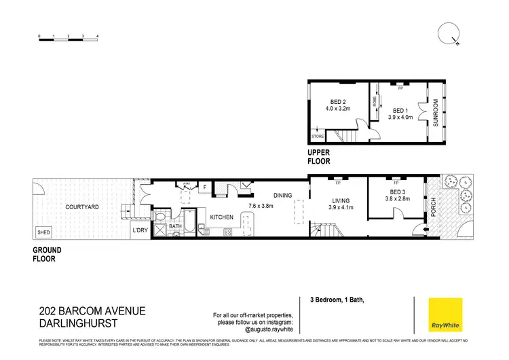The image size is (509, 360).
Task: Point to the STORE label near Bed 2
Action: [318, 137]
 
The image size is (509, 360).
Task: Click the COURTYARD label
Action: [82, 206]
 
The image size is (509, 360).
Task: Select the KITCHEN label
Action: [222, 217]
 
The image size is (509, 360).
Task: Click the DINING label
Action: [282, 196]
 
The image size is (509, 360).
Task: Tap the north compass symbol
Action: [449, 33]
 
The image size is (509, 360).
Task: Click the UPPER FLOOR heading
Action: [319, 158]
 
